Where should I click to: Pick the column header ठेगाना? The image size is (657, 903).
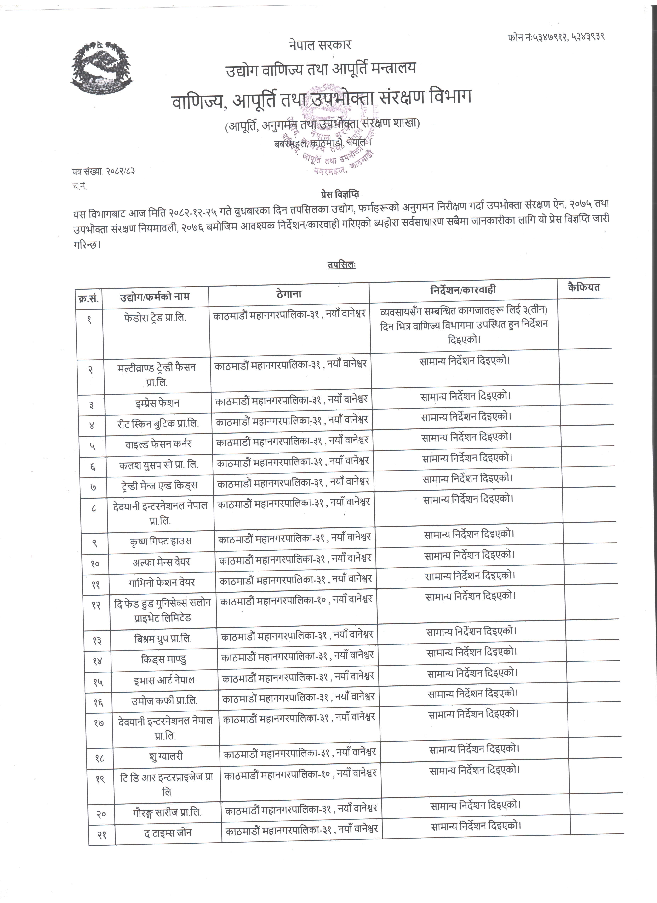click(289, 294)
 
